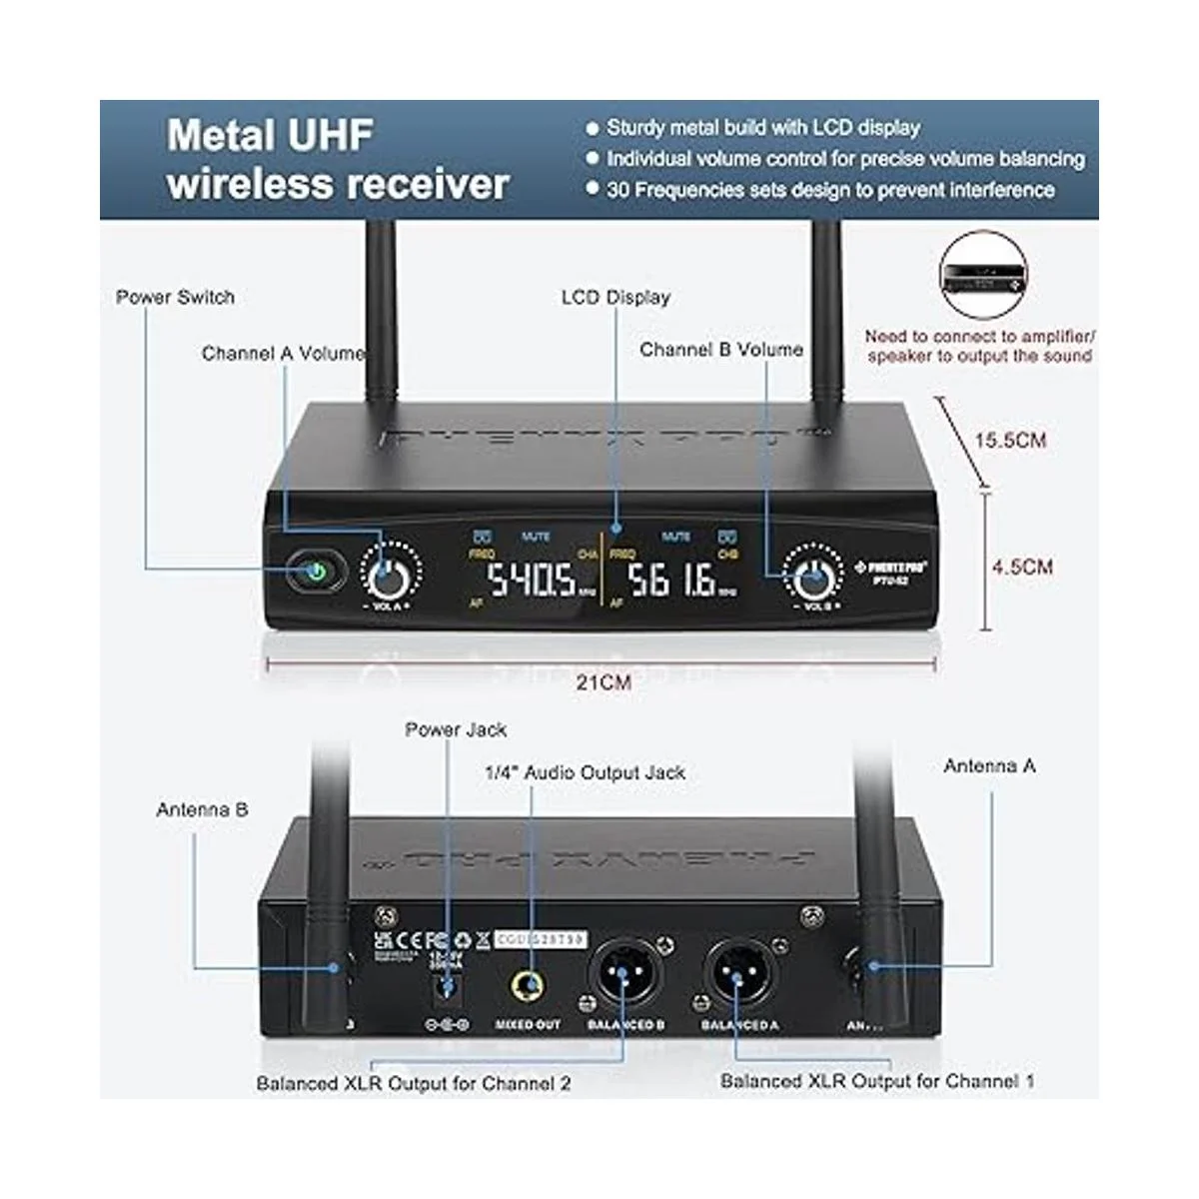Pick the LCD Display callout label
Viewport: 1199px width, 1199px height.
coord(615,297)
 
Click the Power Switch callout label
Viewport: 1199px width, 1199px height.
coord(175,297)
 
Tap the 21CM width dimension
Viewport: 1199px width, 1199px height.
coord(604,682)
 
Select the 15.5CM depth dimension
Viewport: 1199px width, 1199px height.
coord(1010,440)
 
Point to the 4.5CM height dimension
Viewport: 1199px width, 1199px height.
coord(1021,567)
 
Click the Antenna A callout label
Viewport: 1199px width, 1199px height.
coord(989,765)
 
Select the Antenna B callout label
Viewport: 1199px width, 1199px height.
coord(202,809)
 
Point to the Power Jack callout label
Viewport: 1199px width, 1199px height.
coord(456,729)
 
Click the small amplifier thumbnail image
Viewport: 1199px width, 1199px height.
coord(983,277)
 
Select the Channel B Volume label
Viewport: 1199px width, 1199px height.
coord(720,350)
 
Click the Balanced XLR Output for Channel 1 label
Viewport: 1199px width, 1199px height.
coord(877,1081)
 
